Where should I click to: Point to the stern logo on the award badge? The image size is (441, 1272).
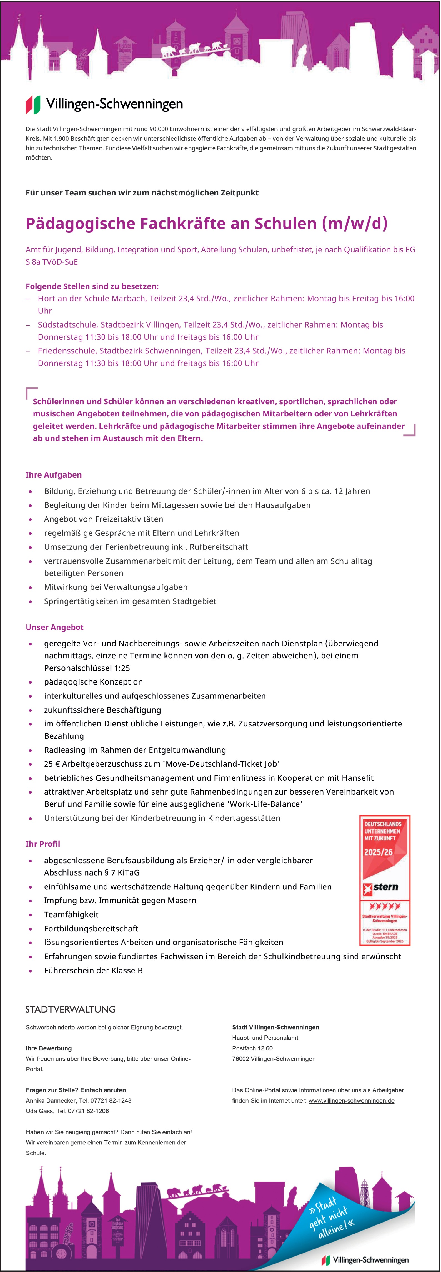[381, 887]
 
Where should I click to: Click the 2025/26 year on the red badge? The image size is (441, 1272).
[378, 852]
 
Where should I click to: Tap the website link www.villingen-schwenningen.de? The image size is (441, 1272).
[351, 1101]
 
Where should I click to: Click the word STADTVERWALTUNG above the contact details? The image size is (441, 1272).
[71, 1009]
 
